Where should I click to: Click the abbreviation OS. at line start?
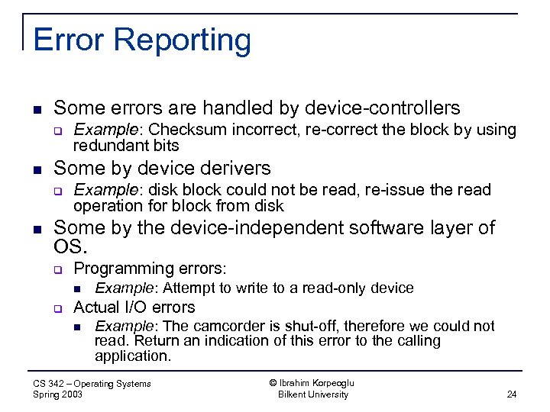click(x=71, y=247)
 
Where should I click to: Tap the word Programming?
click(x=121, y=268)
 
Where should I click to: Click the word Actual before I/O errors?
click(x=96, y=307)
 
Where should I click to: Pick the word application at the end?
click(x=131, y=356)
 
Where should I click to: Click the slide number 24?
click(x=511, y=394)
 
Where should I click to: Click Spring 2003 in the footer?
click(x=58, y=394)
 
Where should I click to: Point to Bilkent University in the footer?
click(x=312, y=394)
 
